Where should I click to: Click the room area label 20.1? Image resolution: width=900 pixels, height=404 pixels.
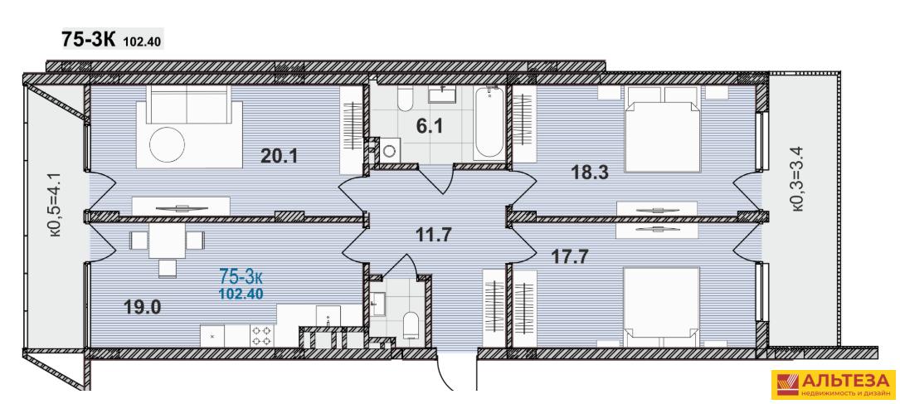tap(279, 155)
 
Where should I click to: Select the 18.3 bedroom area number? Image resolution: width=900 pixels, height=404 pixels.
tap(591, 172)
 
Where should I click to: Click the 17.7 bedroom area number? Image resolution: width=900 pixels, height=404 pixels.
tap(571, 256)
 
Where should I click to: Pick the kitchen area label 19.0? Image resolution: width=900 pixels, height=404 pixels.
tap(143, 306)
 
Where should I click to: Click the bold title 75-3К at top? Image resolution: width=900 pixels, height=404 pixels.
tap(89, 40)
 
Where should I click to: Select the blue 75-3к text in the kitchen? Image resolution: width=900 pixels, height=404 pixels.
tap(241, 277)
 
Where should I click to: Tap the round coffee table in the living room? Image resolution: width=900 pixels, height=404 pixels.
tap(167, 143)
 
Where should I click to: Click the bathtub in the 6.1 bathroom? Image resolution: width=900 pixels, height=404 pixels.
tap(489, 123)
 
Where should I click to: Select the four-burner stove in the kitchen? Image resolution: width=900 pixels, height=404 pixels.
tap(262, 336)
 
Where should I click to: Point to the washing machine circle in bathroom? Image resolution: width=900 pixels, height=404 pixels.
tap(391, 150)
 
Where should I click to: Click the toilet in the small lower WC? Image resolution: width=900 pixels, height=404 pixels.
tap(411, 324)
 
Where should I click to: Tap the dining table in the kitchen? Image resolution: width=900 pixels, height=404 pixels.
tap(167, 241)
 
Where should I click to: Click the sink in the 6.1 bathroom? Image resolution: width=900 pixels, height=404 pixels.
tap(443, 93)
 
